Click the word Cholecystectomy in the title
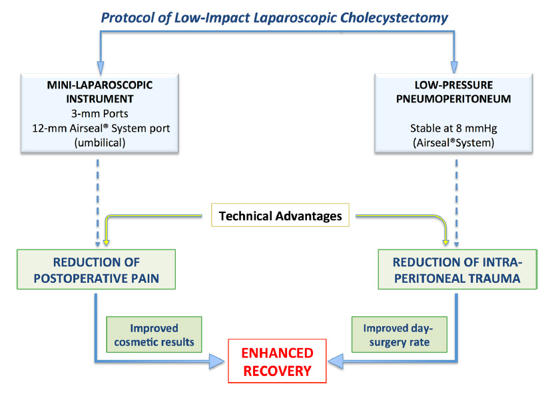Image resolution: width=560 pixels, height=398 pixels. pos(394,18)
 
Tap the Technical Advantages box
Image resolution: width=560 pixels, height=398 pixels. pos(280,215)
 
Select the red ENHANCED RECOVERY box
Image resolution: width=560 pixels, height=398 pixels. pos(277,361)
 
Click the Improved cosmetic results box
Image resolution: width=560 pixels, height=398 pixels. pos(154,335)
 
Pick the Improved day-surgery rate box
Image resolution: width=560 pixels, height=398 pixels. pos(400,335)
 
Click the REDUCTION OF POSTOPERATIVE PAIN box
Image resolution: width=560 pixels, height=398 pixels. pos(96,270)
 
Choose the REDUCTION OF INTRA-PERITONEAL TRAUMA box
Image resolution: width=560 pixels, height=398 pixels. pos(457,270)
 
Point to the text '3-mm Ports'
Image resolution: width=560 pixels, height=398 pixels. pos(100,114)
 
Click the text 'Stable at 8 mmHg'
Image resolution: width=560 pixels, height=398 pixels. pos(453,128)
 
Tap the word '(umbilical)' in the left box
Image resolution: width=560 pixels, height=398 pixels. pos(100,143)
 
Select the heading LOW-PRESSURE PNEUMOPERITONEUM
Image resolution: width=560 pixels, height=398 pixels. pos(453,92)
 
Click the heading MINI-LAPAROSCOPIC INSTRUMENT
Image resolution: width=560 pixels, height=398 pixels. pos(100,92)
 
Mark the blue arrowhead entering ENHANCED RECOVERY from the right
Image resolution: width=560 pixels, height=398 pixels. pos(336,361)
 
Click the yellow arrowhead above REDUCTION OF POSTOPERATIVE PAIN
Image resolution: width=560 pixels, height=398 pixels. pos(106,242)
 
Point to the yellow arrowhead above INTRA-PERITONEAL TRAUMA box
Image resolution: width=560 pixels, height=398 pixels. pos(445,242)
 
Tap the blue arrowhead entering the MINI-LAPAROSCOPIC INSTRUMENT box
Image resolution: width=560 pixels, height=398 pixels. pos(101,67)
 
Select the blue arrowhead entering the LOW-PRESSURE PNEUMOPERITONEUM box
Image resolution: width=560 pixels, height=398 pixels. pos(454,67)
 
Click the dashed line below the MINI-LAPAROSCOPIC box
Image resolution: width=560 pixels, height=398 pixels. pos(97,203)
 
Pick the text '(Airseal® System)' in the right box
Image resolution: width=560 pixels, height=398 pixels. pos(453,143)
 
